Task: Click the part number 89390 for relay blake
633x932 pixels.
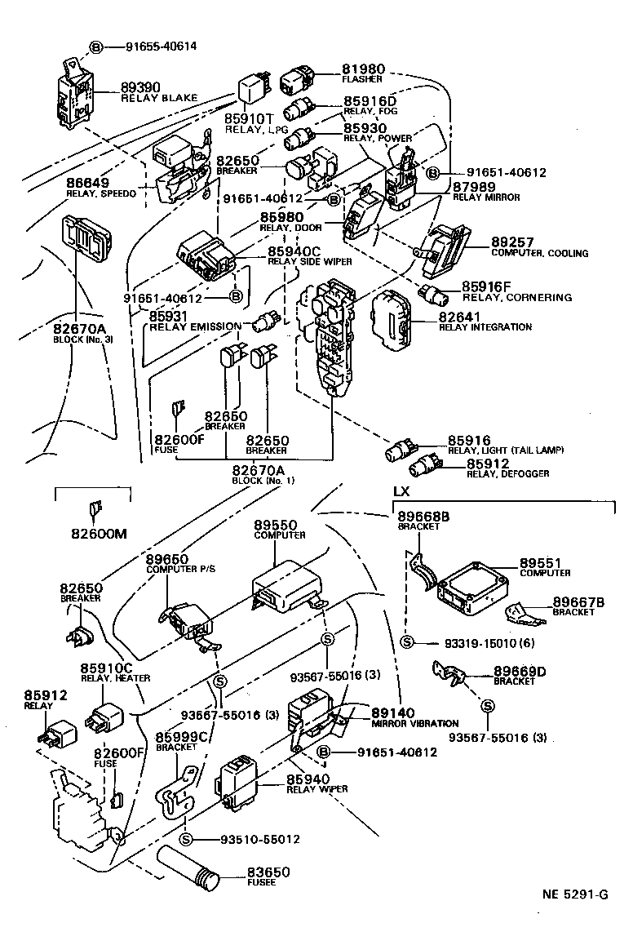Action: click(x=140, y=87)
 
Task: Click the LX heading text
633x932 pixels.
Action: click(x=401, y=492)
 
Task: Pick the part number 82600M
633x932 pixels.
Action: click(x=93, y=535)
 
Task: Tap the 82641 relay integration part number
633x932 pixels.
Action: click(x=462, y=316)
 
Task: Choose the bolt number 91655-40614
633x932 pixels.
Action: click(x=161, y=47)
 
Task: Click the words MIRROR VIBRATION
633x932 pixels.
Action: click(x=414, y=723)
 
